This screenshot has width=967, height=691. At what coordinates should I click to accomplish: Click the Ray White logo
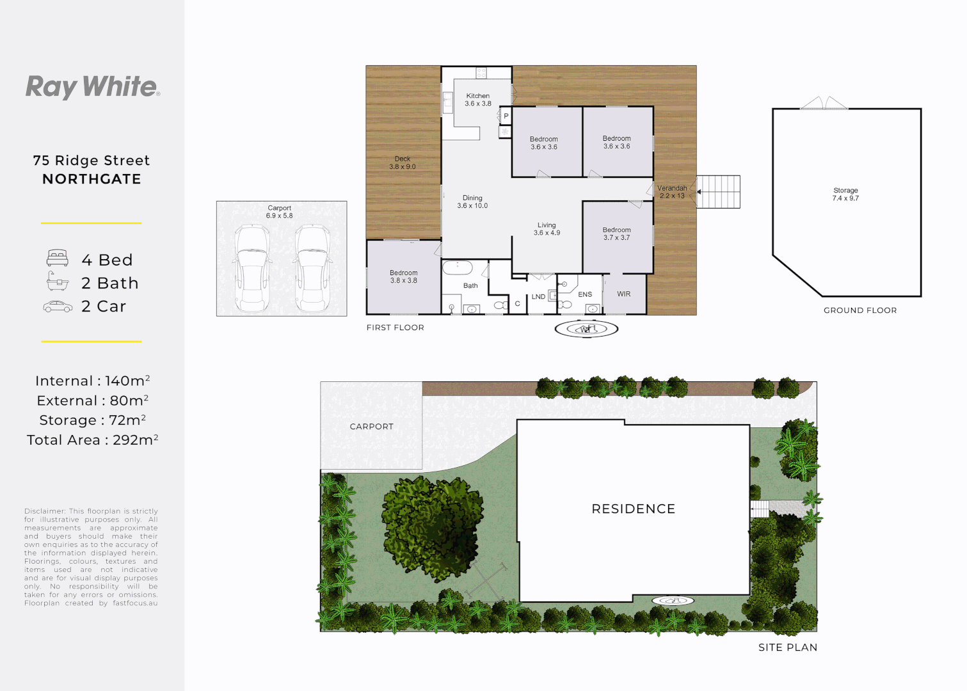pyautogui.click(x=93, y=87)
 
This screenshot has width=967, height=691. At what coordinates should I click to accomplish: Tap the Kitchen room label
pyautogui.click(x=478, y=100)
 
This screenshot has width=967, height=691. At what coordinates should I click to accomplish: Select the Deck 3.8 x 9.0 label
pyautogui.click(x=403, y=163)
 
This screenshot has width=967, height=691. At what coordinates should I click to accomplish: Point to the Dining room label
pyautogui.click(x=472, y=202)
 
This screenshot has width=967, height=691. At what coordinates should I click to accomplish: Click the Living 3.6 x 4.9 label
pyautogui.click(x=547, y=229)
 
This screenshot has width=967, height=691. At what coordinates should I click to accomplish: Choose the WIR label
pyautogui.click(x=624, y=294)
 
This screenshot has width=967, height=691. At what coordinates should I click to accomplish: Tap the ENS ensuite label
pyautogui.click(x=585, y=295)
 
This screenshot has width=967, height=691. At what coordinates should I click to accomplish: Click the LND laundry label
pyautogui.click(x=538, y=297)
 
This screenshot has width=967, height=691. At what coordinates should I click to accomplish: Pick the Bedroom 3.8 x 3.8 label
pyautogui.click(x=404, y=276)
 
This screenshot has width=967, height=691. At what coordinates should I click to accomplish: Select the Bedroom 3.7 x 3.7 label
pyautogui.click(x=617, y=234)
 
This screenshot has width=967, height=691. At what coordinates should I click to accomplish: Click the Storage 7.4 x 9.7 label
pyautogui.click(x=845, y=195)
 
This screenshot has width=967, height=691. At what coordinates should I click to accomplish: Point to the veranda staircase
pyautogui.click(x=719, y=192)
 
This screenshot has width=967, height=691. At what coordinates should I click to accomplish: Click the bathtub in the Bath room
pyautogui.click(x=458, y=267)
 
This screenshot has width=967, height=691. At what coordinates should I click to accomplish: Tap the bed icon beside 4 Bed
pyautogui.click(x=58, y=258)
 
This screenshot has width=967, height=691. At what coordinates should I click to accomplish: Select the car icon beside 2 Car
pyautogui.click(x=58, y=307)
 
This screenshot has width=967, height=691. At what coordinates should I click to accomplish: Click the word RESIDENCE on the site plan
pyautogui.click(x=634, y=509)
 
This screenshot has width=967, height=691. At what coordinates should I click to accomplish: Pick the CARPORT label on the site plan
pyautogui.click(x=372, y=427)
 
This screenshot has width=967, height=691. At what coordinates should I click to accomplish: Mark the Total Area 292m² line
pyautogui.click(x=93, y=440)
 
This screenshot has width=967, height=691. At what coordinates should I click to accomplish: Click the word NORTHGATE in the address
pyautogui.click(x=92, y=179)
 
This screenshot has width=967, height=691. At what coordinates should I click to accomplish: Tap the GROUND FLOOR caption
pyautogui.click(x=860, y=310)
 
